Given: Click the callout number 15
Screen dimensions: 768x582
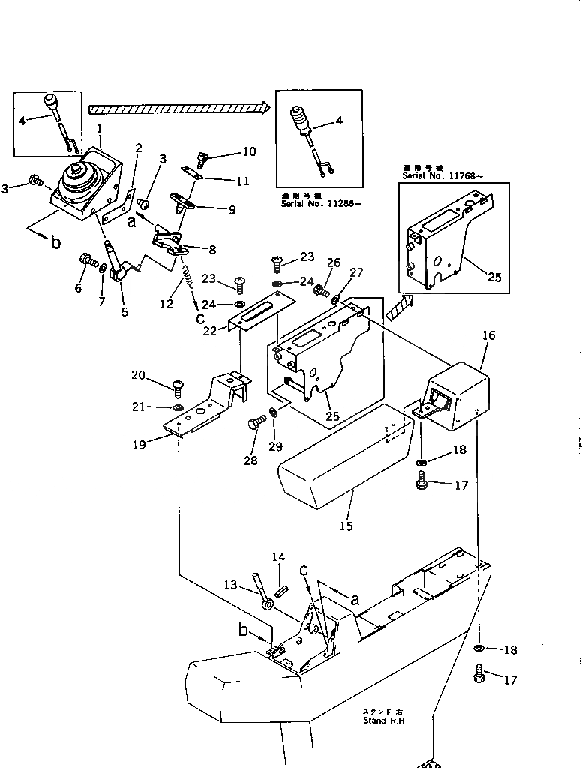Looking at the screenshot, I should point(346,526).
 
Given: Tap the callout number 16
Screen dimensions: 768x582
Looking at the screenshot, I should point(488,335).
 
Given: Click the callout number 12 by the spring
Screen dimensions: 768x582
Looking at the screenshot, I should point(166,304).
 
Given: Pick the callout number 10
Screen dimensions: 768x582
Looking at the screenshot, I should point(248,151).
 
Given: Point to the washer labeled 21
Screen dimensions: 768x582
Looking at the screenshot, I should point(177,406).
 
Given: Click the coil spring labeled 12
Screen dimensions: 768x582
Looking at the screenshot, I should point(190,284).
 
